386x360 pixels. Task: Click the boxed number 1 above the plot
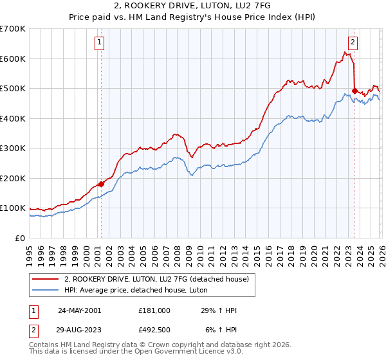pyautogui.click(x=100, y=43)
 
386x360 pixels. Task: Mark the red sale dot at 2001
pyautogui.click(x=101, y=184)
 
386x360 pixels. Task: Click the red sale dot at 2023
pyautogui.click(x=354, y=91)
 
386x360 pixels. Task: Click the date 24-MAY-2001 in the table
pyautogui.click(x=79, y=310)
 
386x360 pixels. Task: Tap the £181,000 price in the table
pyautogui.click(x=154, y=310)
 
